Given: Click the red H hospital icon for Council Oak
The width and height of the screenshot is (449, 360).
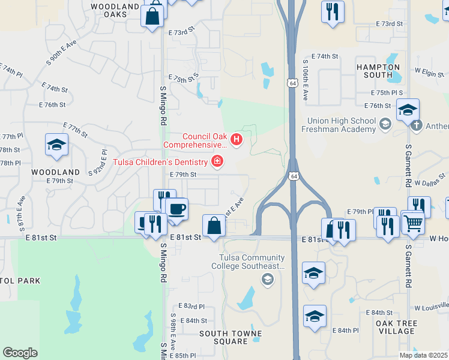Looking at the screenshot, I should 237,140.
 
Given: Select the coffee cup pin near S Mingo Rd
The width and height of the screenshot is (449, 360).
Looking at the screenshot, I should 176,209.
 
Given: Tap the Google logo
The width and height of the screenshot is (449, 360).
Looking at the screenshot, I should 20,353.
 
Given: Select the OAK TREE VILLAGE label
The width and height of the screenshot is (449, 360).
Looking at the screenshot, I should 396,328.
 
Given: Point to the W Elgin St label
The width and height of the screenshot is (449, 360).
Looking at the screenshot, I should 430,70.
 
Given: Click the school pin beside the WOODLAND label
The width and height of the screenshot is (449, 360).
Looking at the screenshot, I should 56,145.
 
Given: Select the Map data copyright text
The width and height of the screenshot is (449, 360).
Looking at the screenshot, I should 423,355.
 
